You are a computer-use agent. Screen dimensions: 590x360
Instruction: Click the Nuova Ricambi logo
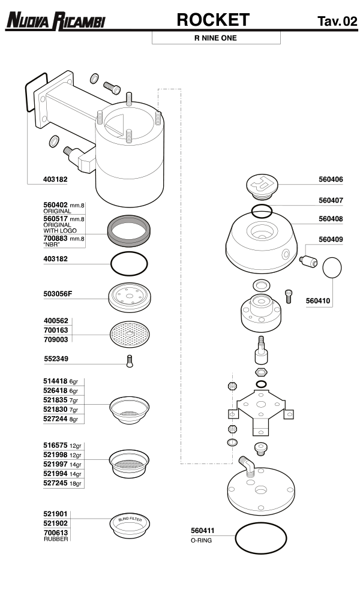click(x=56, y=22)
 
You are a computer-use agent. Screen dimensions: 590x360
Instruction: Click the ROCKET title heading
click(x=212, y=20)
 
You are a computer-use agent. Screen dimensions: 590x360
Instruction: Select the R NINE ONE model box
click(x=215, y=38)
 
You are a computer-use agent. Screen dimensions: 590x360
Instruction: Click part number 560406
click(x=331, y=179)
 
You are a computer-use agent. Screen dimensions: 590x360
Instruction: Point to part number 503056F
click(x=61, y=294)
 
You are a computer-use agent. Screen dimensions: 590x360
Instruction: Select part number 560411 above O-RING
click(x=203, y=530)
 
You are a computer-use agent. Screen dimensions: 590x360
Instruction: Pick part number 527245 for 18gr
click(x=56, y=483)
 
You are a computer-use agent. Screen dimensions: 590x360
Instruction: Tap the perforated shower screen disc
click(x=128, y=335)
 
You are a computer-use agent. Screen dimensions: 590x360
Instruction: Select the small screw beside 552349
click(x=128, y=362)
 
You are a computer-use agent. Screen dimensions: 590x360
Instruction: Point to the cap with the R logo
click(x=262, y=184)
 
